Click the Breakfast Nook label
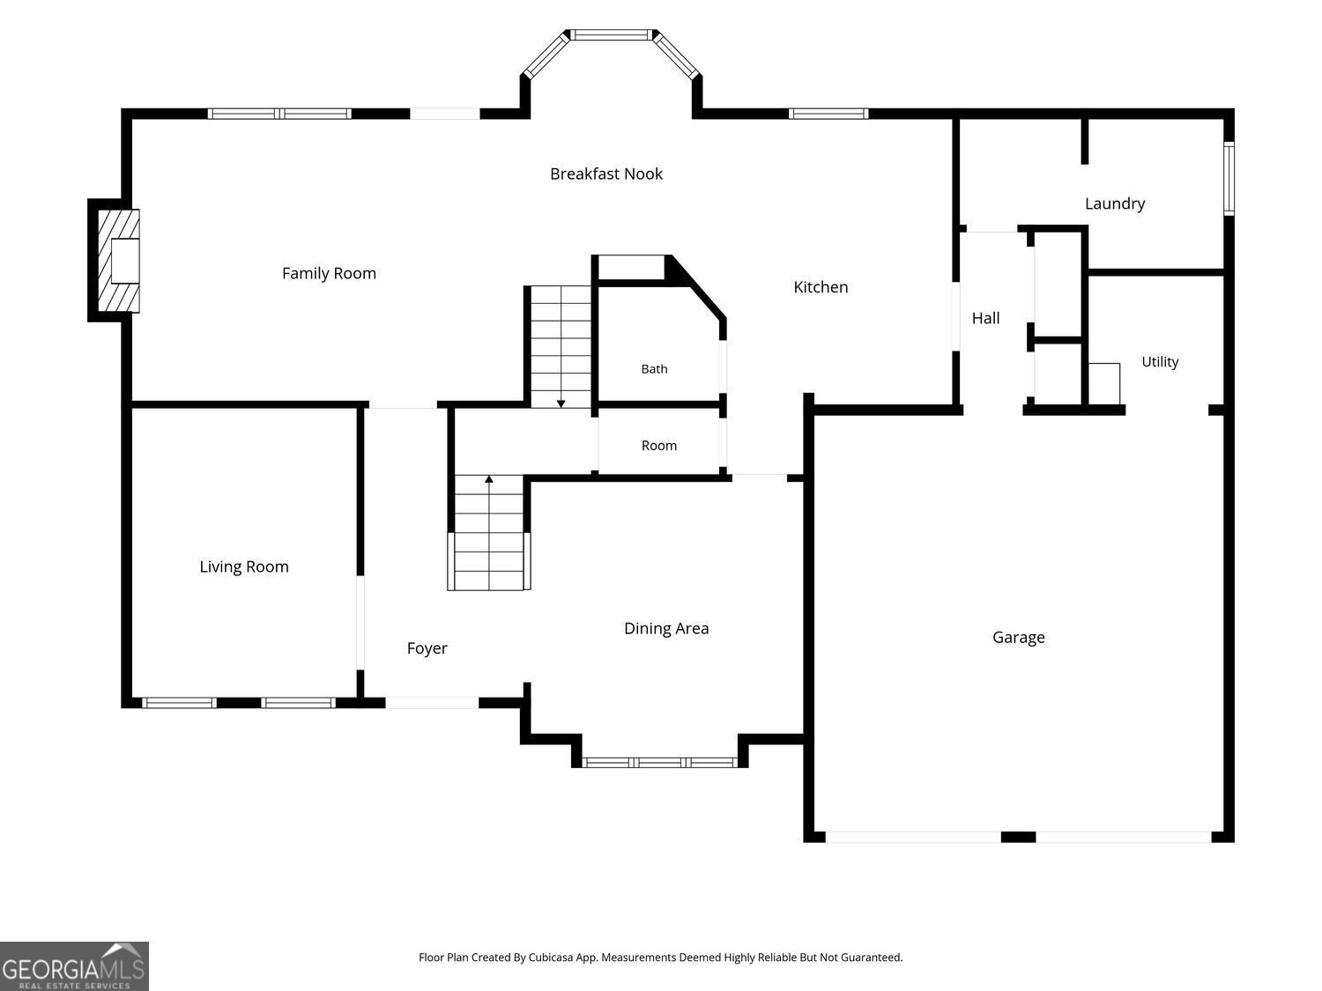pyautogui.click(x=605, y=174)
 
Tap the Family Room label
pyautogui.click(x=329, y=274)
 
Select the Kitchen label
pyautogui.click(x=821, y=287)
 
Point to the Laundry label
pyautogui.click(x=1115, y=204)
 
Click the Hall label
pyautogui.click(x=985, y=318)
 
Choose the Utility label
pyautogui.click(x=1160, y=362)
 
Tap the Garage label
pyautogui.click(x=1019, y=638)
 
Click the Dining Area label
pyautogui.click(x=666, y=629)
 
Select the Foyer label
pyautogui.click(x=427, y=648)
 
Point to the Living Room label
pyautogui.click(x=244, y=566)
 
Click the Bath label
pyautogui.click(x=654, y=369)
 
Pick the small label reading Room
pyautogui.click(x=659, y=446)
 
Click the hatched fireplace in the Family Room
pyautogui.click(x=119, y=261)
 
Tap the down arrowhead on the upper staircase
pyautogui.click(x=561, y=403)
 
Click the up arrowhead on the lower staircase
pyautogui.click(x=489, y=479)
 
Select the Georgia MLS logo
pyautogui.click(x=74, y=965)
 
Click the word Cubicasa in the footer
pyautogui.click(x=551, y=958)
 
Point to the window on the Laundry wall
pyautogui.click(x=1229, y=179)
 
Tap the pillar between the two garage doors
pyautogui.click(x=1019, y=837)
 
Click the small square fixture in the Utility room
pyautogui.click(x=1104, y=384)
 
